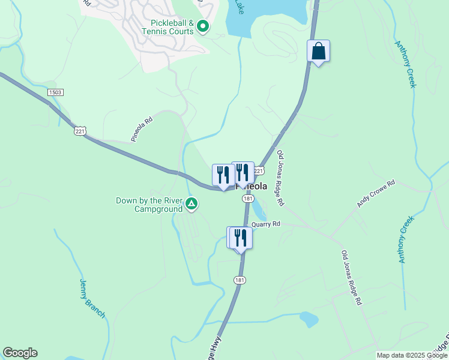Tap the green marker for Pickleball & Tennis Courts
203,26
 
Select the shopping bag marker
318,52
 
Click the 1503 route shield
55,92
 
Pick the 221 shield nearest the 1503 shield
80,130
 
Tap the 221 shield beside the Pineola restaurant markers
258,171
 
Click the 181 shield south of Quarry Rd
240,280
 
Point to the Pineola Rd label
142,129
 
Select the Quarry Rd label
266,224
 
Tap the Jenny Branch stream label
92,298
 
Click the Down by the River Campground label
149,205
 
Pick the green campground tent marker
191,205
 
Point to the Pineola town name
252,186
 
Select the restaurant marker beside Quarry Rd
240,238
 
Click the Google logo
20,353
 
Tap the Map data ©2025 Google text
412,355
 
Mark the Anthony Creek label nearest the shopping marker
405,64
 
